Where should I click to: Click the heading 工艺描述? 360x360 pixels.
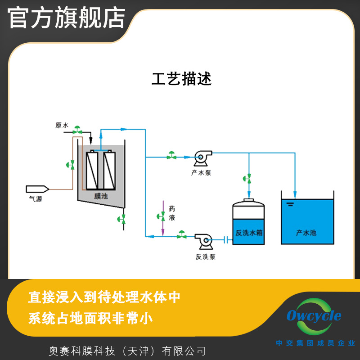tap(181, 79)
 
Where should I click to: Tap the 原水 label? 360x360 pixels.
tap(61, 126)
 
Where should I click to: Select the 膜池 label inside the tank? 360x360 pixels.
tap(100, 196)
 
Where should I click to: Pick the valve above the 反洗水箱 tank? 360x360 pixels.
tap(248, 178)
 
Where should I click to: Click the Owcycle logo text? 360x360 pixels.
tap(314, 316)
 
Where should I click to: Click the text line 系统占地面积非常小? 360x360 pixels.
tap(90, 319)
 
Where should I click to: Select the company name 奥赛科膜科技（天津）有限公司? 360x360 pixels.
tap(127, 351)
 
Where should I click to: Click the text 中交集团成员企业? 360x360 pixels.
tap(315, 343)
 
